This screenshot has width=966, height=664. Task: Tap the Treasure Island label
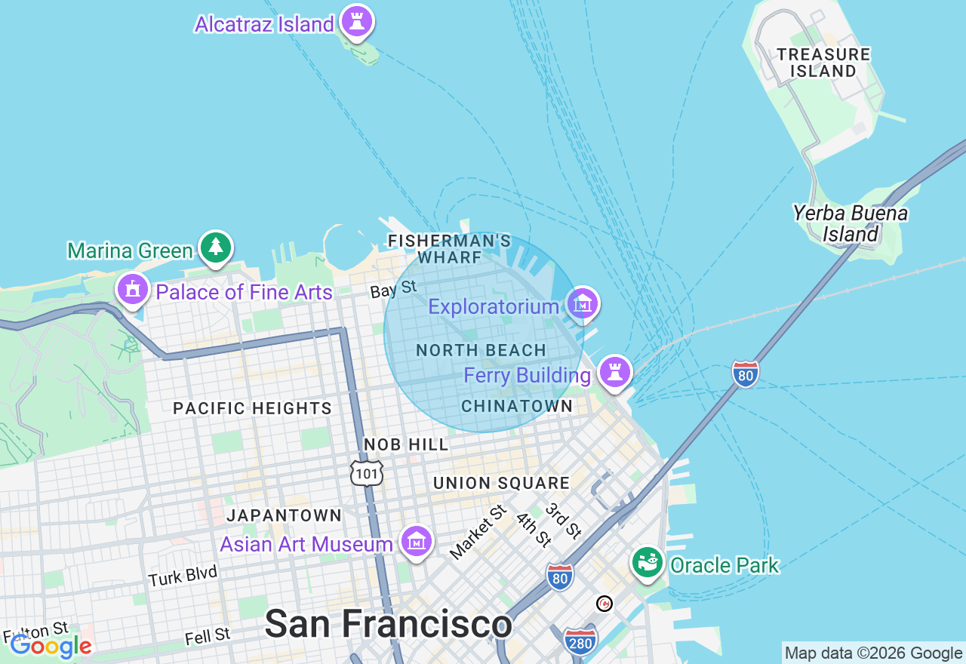pyautogui.click(x=823, y=63)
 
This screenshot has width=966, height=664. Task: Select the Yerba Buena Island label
pyautogui.click(x=851, y=223)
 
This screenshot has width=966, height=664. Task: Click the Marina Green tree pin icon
pyautogui.click(x=216, y=247)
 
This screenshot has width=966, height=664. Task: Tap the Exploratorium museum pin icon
pyautogui.click(x=582, y=304)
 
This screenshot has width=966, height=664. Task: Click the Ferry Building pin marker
pyautogui.click(x=615, y=372)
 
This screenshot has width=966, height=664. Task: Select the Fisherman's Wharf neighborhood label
pyautogui.click(x=449, y=249)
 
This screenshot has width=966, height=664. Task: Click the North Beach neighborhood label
pyautogui.click(x=481, y=350)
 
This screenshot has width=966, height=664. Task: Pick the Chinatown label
pyautogui.click(x=517, y=406)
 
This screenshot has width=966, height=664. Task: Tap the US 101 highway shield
pyautogui.click(x=367, y=472)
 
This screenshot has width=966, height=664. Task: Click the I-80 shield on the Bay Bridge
pyautogui.click(x=745, y=373)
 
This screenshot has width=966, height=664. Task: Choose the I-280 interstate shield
pyautogui.click(x=580, y=641)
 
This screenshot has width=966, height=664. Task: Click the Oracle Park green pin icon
pyautogui.click(x=647, y=562)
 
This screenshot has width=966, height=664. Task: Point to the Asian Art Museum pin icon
pyautogui.click(x=417, y=540)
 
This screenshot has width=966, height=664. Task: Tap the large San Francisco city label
pyautogui.click(x=388, y=624)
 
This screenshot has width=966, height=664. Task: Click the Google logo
pyautogui.click(x=51, y=646)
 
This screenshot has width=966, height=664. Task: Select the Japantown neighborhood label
pyautogui.click(x=285, y=515)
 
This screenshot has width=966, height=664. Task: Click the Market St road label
pyautogui.click(x=478, y=533)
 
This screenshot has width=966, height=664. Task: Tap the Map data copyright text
pyautogui.click(x=873, y=653)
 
